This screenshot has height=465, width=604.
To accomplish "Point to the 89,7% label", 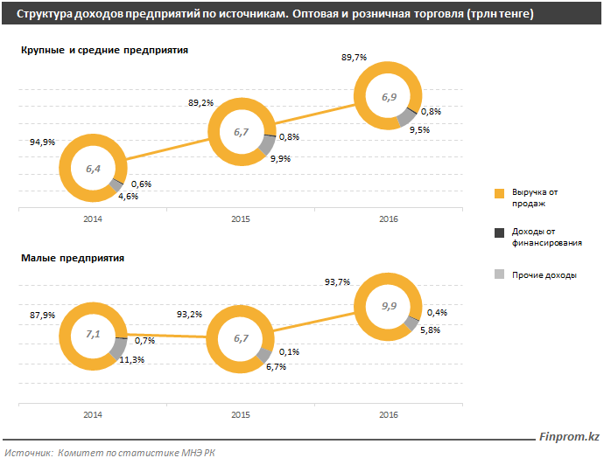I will (x=354, y=57).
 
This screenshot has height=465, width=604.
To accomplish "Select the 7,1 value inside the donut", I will (x=94, y=335).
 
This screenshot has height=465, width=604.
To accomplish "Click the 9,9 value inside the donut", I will (x=389, y=306).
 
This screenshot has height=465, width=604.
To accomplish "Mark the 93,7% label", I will (x=337, y=281).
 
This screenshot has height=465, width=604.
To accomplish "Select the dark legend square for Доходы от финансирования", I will (x=500, y=233).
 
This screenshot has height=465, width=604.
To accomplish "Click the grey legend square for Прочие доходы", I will (x=500, y=274).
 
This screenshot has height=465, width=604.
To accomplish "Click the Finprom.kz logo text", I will (x=569, y=437).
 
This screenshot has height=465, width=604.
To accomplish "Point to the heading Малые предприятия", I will (x=72, y=258).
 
